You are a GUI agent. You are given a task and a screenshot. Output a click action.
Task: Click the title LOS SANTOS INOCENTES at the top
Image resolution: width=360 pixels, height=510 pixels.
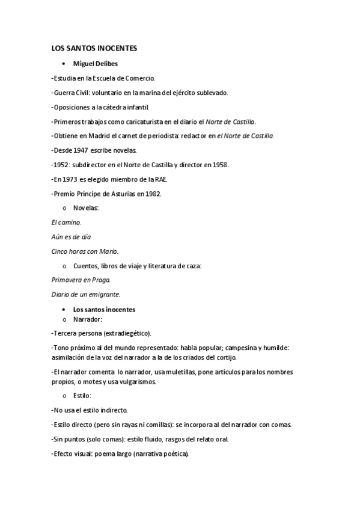(95, 49)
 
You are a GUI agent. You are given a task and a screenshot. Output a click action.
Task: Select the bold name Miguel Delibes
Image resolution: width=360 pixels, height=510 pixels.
(95, 63)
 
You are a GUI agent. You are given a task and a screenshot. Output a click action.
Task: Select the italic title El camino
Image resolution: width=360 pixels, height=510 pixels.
(66, 222)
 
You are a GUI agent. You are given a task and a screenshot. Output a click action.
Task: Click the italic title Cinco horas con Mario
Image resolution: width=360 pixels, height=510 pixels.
(85, 251)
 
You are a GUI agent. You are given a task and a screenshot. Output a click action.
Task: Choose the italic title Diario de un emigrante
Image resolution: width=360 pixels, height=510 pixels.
(86, 295)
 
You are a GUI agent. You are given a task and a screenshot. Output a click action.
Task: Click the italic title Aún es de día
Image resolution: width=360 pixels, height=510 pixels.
(72, 237)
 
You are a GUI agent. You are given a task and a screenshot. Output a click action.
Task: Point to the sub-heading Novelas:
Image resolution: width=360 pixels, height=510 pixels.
(86, 208)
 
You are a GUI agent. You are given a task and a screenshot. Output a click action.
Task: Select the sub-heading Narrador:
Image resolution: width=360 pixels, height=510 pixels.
(88, 319)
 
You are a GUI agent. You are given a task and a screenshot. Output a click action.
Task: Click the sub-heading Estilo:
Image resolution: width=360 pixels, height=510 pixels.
(82, 396)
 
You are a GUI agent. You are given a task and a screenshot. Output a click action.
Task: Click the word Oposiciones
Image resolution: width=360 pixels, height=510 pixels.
(72, 107)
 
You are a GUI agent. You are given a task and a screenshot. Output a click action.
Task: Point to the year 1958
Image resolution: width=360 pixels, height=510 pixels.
(218, 165)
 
